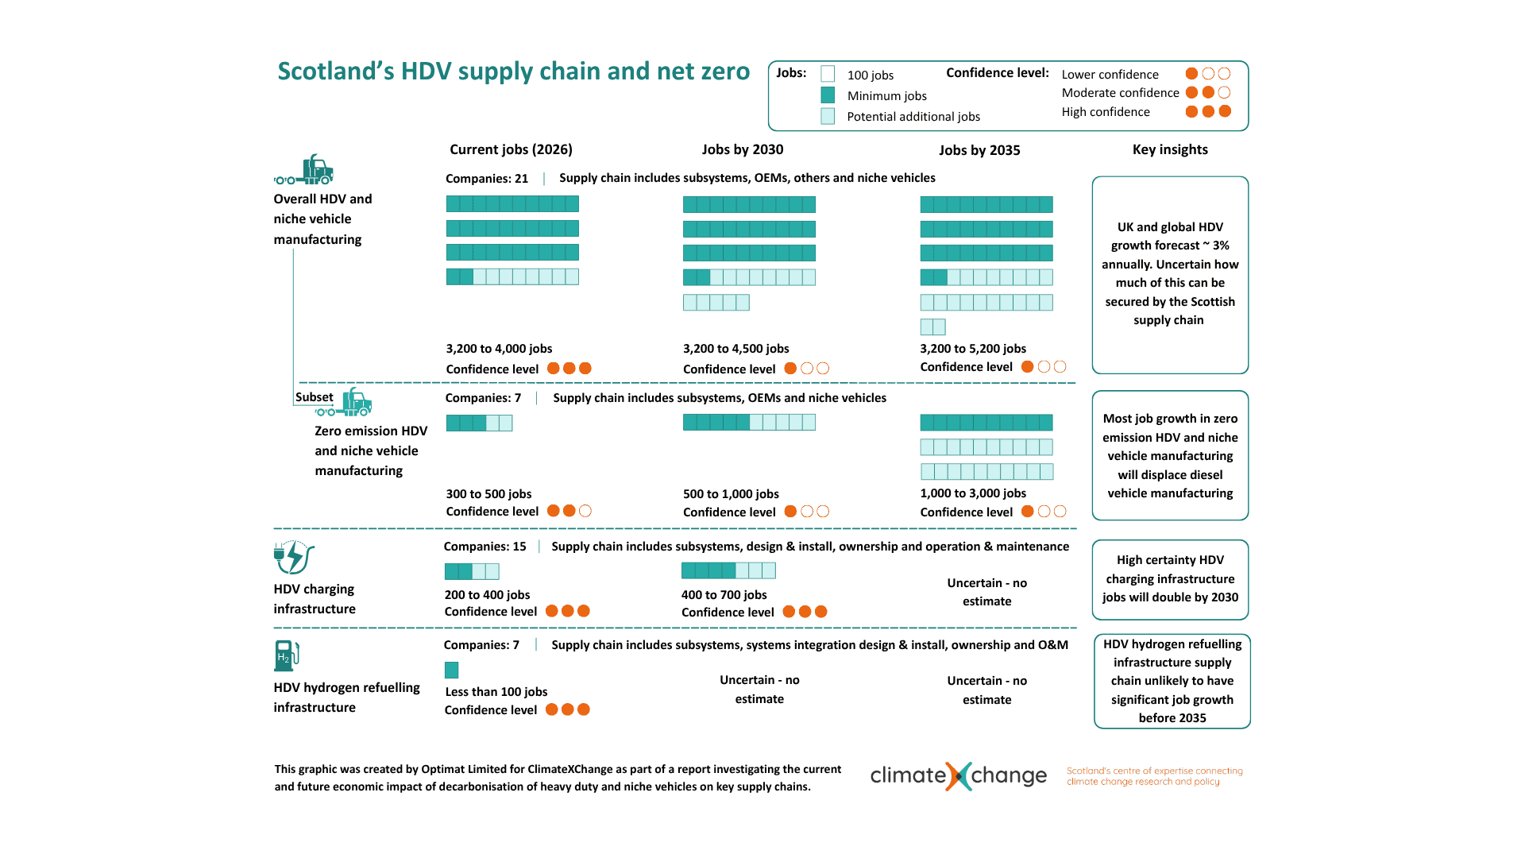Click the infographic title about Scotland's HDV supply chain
tap(513, 71)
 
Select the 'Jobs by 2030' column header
tap(743, 149)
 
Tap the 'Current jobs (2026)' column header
tap(511, 149)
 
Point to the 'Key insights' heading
tap(1170, 149)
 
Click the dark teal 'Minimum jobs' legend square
tap(828, 95)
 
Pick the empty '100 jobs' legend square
tap(828, 74)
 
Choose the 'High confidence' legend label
tap(1106, 112)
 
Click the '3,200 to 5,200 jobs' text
tap(973, 349)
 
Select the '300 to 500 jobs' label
tap(488, 494)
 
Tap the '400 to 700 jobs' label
tap(724, 595)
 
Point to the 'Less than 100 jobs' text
tap(496, 692)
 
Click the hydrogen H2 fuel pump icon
tap(287, 655)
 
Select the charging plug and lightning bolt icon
tap(294, 557)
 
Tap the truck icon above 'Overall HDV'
tap(304, 169)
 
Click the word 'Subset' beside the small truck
tap(315, 397)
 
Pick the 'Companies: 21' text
tap(487, 179)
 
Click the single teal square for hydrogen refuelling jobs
tap(452, 670)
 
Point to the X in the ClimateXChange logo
tap(959, 775)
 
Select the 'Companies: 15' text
tap(485, 547)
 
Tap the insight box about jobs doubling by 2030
tap(1170, 580)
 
